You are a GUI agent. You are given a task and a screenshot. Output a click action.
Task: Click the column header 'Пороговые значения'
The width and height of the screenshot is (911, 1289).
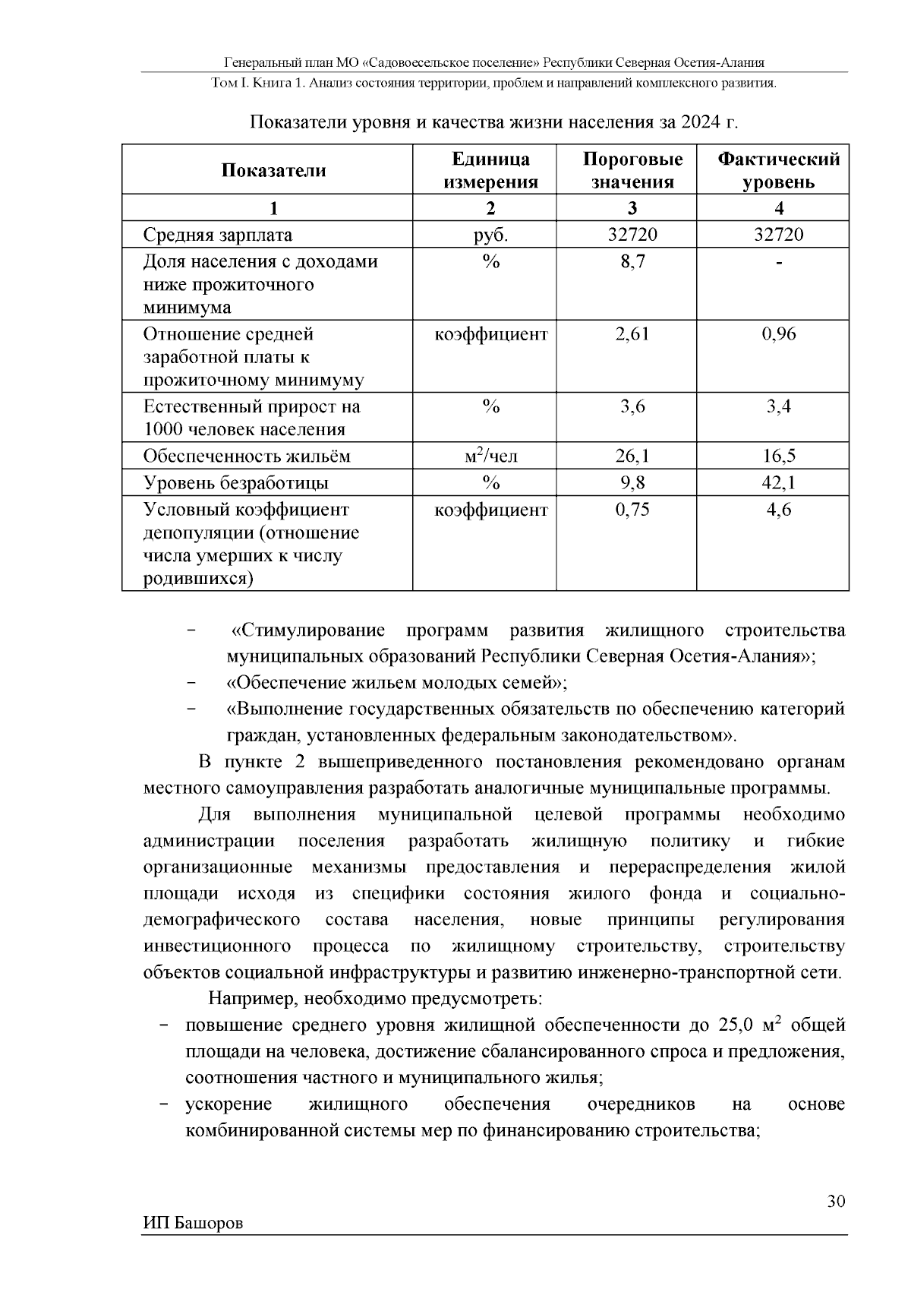[632, 170]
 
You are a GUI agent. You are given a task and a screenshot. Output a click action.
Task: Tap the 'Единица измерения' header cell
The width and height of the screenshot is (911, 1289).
[490, 170]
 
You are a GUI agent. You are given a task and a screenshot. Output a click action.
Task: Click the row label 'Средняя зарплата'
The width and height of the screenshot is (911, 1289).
[218, 235]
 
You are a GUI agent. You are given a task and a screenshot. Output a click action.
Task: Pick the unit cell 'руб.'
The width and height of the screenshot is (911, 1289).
[490, 235]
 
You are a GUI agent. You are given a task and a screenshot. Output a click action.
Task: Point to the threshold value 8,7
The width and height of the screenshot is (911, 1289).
[632, 261]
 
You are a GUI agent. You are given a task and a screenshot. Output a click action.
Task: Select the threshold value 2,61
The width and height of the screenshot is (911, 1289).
[632, 333]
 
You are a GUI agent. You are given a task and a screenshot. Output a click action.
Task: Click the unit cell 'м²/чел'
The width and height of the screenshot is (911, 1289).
[490, 456]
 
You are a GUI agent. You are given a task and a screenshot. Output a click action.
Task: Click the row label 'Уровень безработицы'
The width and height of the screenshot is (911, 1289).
[236, 482]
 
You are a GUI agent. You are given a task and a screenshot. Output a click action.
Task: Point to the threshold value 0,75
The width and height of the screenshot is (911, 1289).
[632, 509]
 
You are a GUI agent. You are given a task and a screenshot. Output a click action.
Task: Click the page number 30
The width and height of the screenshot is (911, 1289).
[835, 1201]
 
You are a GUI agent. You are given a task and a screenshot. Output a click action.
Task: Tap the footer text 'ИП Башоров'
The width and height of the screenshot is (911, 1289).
[193, 1223]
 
